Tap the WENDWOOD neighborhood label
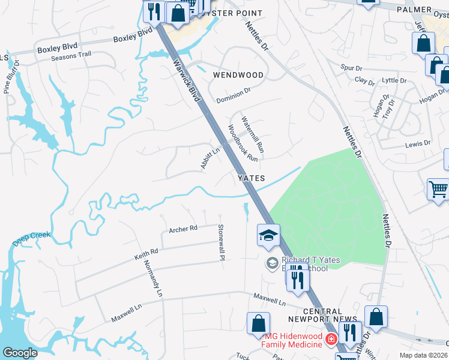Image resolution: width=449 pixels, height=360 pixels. click(238, 75)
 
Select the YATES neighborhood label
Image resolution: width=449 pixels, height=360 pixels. click(252, 178)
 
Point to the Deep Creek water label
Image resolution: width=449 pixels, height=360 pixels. click(31, 238)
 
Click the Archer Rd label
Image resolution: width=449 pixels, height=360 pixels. click(183, 229)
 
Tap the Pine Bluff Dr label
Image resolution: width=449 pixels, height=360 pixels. click(12, 76)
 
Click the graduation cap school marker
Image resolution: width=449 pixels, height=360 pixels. click(268, 235)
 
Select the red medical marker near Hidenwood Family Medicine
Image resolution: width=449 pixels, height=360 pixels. click(330, 340)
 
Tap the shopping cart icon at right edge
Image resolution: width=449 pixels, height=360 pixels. click(438, 190)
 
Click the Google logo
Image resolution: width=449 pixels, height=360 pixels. click(20, 353)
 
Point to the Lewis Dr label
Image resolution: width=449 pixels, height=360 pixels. click(418, 144)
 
